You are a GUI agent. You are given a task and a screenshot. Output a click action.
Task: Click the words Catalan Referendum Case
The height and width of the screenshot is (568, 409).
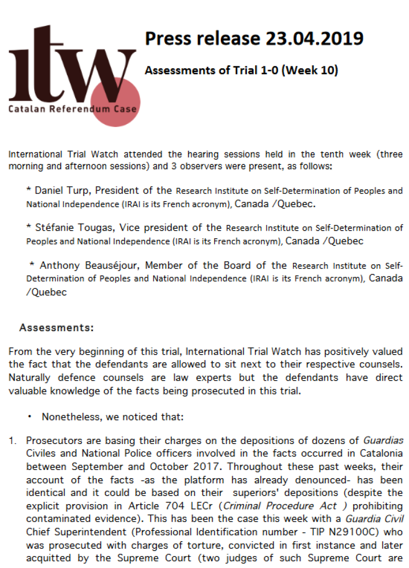click(x=72, y=109)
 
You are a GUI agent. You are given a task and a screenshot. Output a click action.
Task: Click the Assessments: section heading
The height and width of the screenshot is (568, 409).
click(x=57, y=328)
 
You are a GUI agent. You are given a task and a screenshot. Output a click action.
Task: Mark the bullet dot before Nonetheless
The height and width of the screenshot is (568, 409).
click(x=30, y=417)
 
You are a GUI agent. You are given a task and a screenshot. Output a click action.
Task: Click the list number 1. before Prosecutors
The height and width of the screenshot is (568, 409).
click(x=13, y=441)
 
